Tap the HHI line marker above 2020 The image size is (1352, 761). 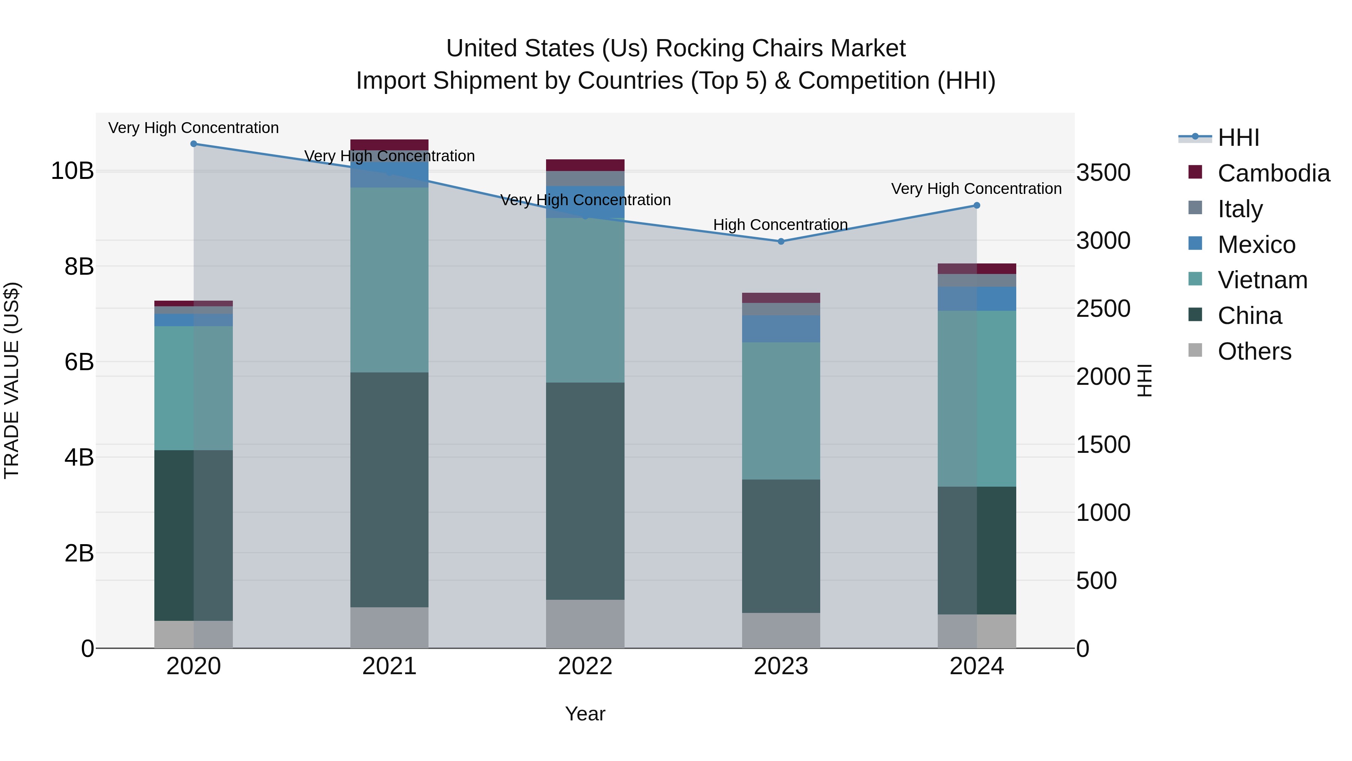194,144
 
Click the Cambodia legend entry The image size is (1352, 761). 1273,173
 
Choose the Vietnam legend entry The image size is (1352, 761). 1262,280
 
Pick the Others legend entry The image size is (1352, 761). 1254,351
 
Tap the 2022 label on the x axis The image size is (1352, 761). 585,666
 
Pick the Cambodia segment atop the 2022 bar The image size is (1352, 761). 585,165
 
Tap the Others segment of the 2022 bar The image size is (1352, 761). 585,623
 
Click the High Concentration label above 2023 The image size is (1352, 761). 780,225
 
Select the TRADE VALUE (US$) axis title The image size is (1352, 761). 12,380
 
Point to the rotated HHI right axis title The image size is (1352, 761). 1144,380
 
